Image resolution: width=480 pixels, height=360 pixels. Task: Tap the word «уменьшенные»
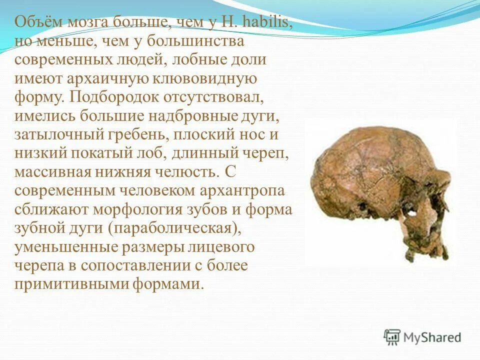pos(64,247)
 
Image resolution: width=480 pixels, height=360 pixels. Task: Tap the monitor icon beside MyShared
pos(392,336)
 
